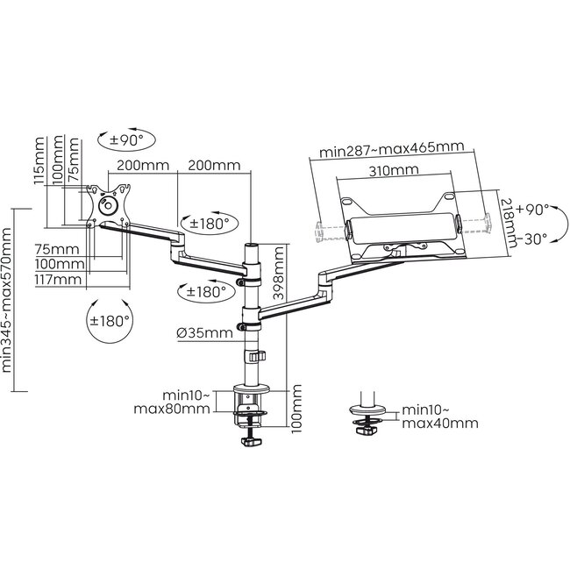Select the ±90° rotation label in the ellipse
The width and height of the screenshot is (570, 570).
[126, 139]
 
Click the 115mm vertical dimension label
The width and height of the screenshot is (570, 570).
[38, 161]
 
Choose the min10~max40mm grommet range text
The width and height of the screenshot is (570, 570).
[439, 416]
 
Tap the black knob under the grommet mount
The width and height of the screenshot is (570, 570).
[367, 429]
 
